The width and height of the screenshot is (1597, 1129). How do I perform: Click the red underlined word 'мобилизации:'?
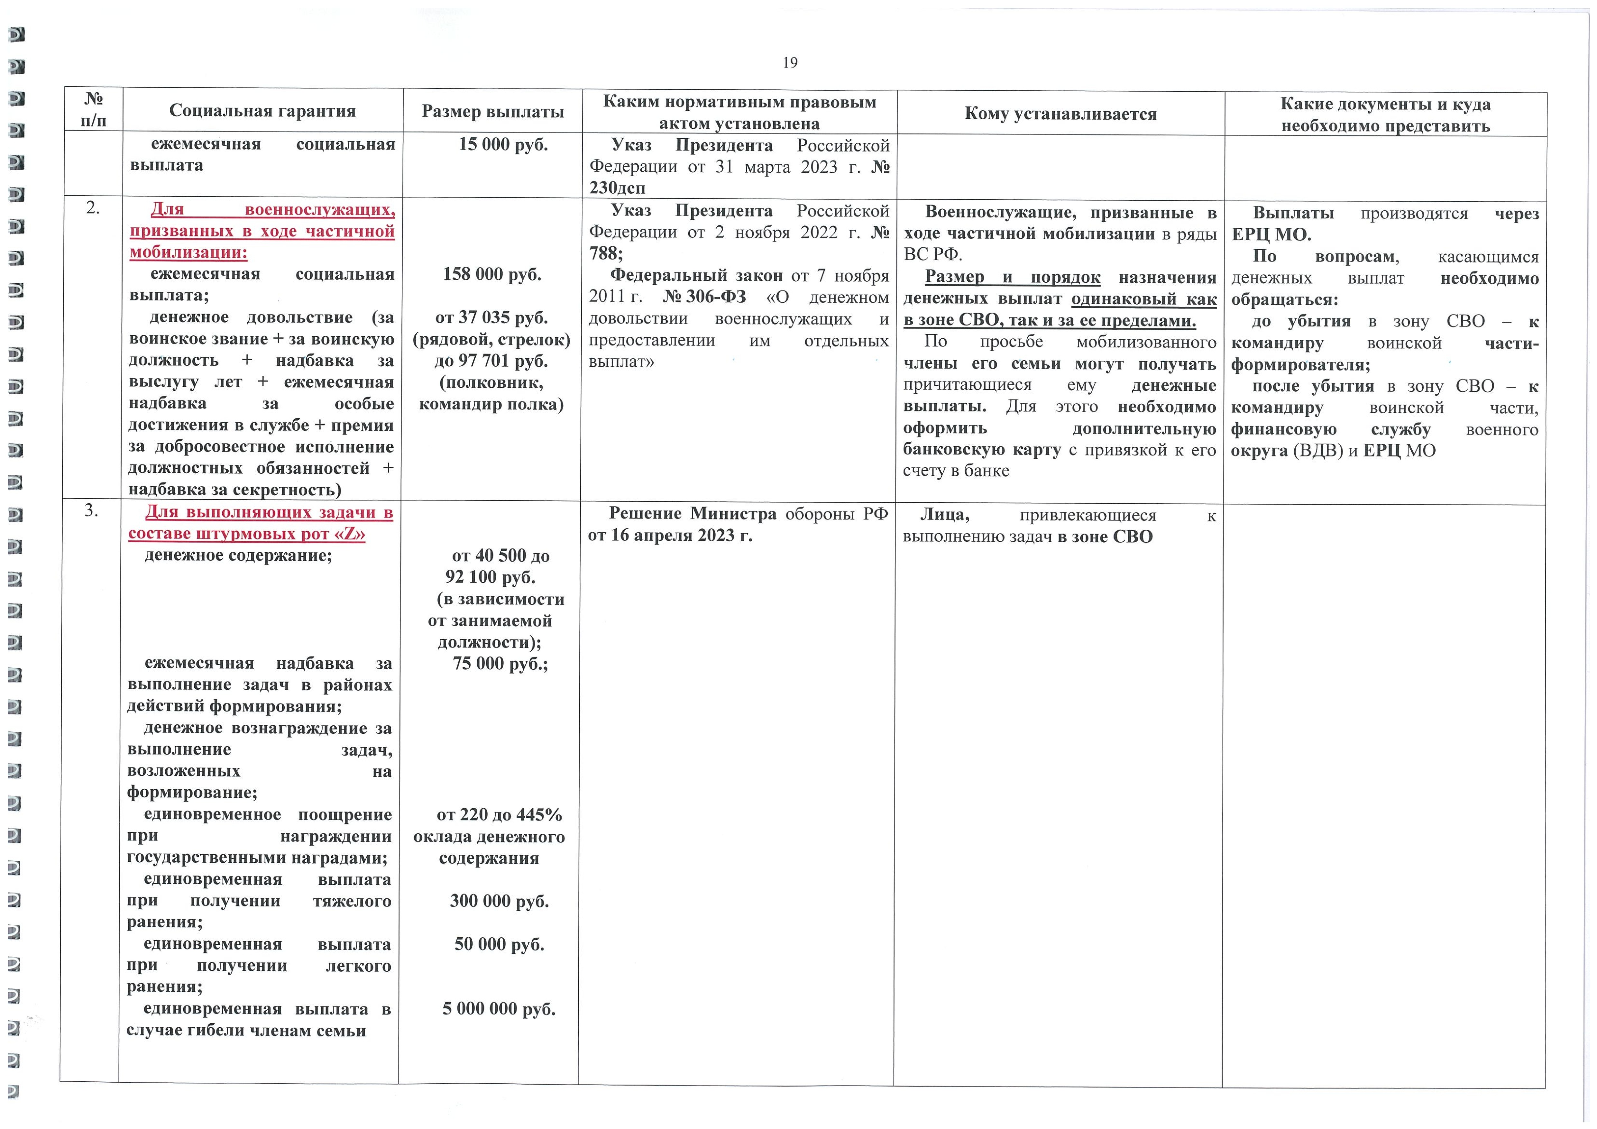(x=188, y=252)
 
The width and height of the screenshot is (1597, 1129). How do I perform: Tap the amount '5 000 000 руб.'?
(x=499, y=1009)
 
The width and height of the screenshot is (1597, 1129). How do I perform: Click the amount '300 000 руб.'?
(x=499, y=901)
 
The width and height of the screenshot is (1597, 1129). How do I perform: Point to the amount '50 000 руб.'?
(x=499, y=944)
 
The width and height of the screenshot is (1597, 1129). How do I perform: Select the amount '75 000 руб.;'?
(x=500, y=664)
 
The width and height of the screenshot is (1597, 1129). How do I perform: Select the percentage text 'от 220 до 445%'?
(x=499, y=814)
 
